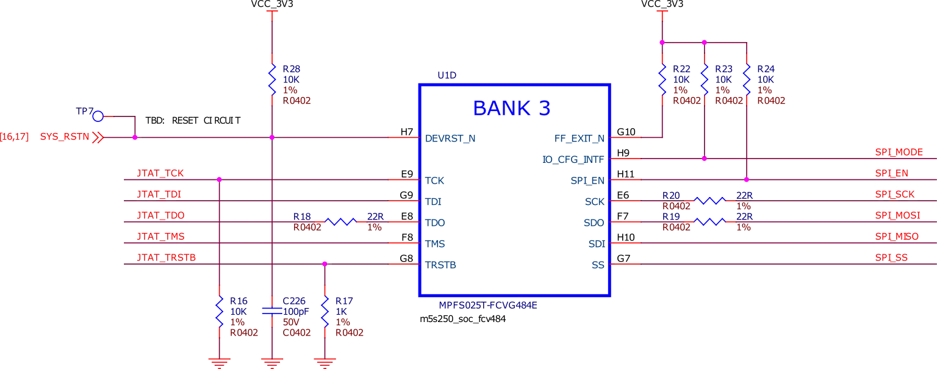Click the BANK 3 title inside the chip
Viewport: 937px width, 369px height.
(512, 107)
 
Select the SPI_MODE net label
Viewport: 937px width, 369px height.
(900, 152)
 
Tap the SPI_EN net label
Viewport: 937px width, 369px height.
(891, 173)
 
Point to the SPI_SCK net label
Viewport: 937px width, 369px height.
(895, 195)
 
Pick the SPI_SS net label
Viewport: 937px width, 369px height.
(891, 259)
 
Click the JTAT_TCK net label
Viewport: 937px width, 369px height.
(161, 174)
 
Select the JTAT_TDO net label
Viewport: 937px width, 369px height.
(161, 215)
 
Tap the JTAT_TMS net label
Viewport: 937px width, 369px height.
(161, 236)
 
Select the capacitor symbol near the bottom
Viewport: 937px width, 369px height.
(271, 312)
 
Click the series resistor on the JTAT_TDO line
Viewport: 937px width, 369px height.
(339, 222)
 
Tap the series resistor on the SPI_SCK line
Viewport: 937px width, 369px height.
(709, 201)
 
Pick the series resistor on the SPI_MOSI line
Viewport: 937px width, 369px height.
(709, 222)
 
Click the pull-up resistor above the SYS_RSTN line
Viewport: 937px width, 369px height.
(271, 80)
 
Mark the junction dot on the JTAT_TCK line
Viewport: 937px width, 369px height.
(219, 179)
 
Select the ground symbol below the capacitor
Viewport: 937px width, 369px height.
(271, 362)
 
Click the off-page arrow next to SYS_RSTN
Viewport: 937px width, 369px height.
(98, 138)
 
